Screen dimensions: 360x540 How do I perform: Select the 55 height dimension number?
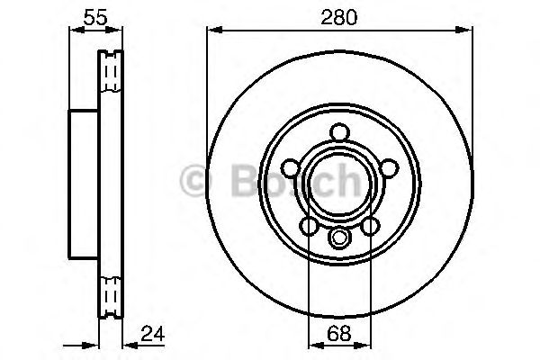[90, 16]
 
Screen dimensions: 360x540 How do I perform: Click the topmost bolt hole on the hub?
[339, 132]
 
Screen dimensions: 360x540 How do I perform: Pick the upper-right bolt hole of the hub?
[387, 167]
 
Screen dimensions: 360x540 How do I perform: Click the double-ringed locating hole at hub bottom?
[339, 238]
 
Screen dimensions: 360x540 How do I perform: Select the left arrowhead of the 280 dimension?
[213, 31]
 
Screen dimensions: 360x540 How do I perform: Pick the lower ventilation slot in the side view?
[111, 295]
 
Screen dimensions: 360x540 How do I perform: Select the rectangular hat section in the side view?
[84, 182]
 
